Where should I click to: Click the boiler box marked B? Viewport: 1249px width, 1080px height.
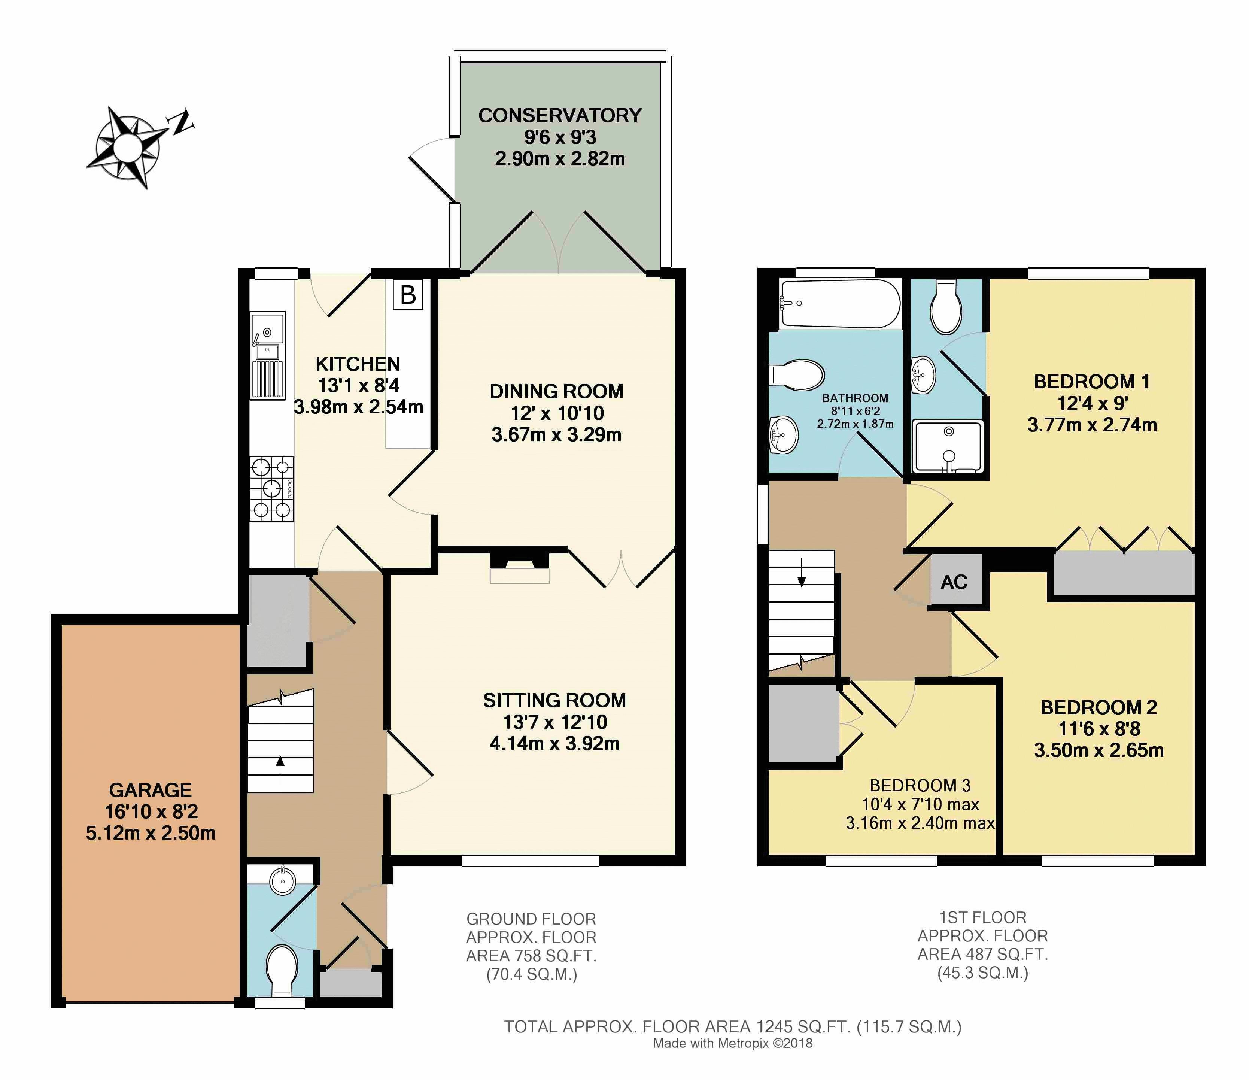pos(408,295)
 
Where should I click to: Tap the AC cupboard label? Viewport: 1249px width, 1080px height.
pos(954,582)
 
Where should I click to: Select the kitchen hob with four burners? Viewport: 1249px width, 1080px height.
pos(272,488)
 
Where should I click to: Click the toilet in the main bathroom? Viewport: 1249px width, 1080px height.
pos(797,375)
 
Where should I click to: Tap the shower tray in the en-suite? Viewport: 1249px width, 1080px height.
pos(948,447)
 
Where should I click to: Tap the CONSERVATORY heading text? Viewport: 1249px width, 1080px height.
pos(560,115)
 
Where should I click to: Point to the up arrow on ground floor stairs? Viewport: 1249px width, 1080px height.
pos(280,770)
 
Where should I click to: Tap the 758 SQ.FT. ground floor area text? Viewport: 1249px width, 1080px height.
pos(531,956)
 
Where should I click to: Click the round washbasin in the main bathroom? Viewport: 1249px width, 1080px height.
pos(784,435)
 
